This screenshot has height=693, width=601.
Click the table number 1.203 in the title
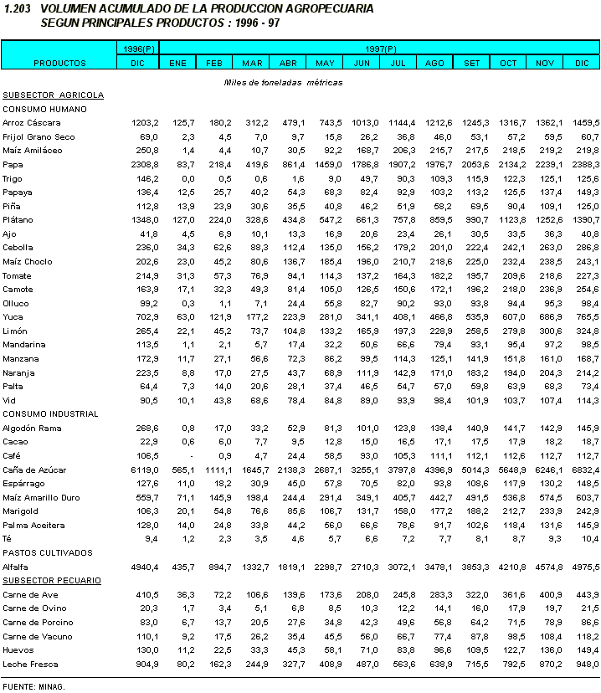(x=18, y=8)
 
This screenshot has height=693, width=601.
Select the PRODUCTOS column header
(x=59, y=63)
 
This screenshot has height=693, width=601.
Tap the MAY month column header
(x=325, y=63)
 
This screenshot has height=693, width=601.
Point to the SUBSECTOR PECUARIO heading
(x=51, y=580)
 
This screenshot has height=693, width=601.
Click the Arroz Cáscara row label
(x=32, y=122)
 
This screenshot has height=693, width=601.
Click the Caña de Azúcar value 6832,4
(x=583, y=470)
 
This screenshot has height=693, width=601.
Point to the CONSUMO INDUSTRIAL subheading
(x=51, y=413)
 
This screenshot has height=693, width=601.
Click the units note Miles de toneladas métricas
(x=283, y=82)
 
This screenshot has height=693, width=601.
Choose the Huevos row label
(x=18, y=649)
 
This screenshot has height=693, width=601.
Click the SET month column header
(x=472, y=63)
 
